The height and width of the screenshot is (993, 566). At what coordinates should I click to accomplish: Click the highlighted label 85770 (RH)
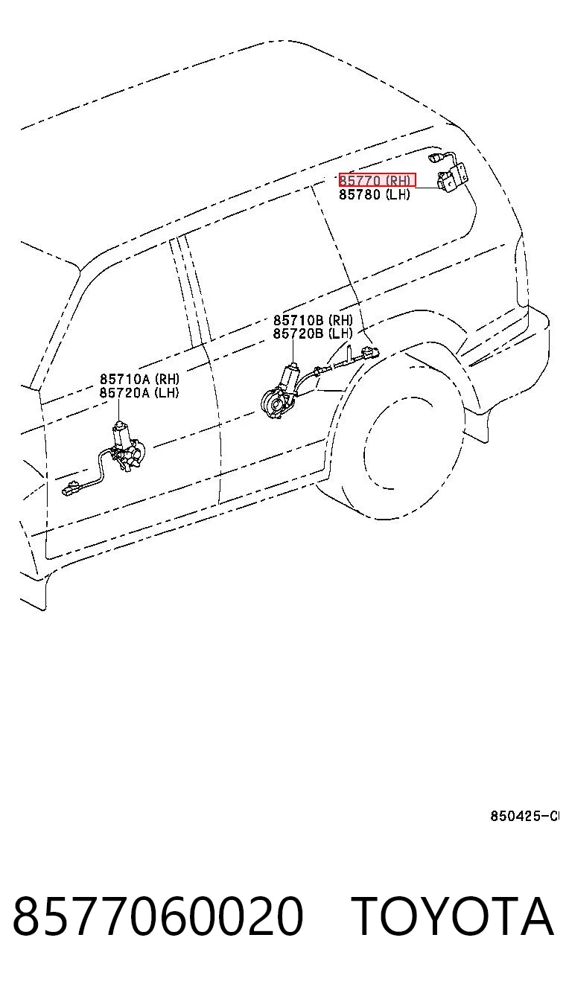[377, 180]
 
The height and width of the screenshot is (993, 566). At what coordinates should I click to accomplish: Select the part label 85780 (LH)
[375, 194]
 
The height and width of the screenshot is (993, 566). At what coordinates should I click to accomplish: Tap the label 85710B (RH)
[314, 319]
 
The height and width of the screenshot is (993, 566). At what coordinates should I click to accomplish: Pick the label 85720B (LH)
[313, 333]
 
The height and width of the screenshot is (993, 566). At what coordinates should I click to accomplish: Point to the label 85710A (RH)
[139, 379]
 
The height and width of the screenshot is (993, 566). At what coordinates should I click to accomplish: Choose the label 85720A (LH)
[139, 393]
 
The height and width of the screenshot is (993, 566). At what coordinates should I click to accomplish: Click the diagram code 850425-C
[525, 816]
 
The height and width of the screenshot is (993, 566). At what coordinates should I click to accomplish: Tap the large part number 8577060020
[158, 916]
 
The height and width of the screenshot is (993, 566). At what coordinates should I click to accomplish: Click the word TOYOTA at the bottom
[454, 916]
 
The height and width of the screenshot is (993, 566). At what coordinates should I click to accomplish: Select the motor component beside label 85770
[452, 178]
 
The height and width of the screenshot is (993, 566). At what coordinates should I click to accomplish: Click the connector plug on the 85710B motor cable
[369, 353]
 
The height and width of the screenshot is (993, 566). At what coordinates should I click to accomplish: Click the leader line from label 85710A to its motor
[119, 410]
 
